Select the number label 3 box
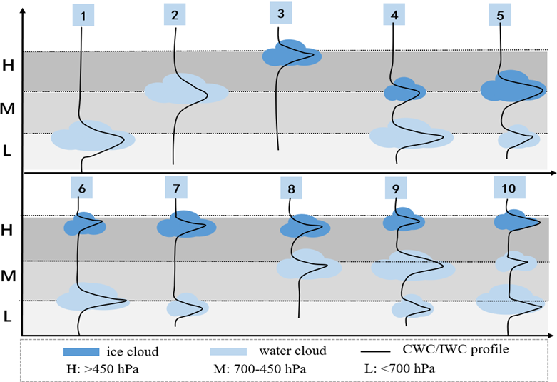point(281,13)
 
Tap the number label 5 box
point(500,14)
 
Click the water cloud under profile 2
point(185,90)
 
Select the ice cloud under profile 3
point(290,54)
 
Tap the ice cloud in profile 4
point(404,90)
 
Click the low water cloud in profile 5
point(517,137)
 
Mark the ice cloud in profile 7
point(187,225)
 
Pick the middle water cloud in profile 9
point(412,266)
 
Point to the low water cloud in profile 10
point(507,301)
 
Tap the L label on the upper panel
point(8,151)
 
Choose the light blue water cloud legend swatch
point(229,351)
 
